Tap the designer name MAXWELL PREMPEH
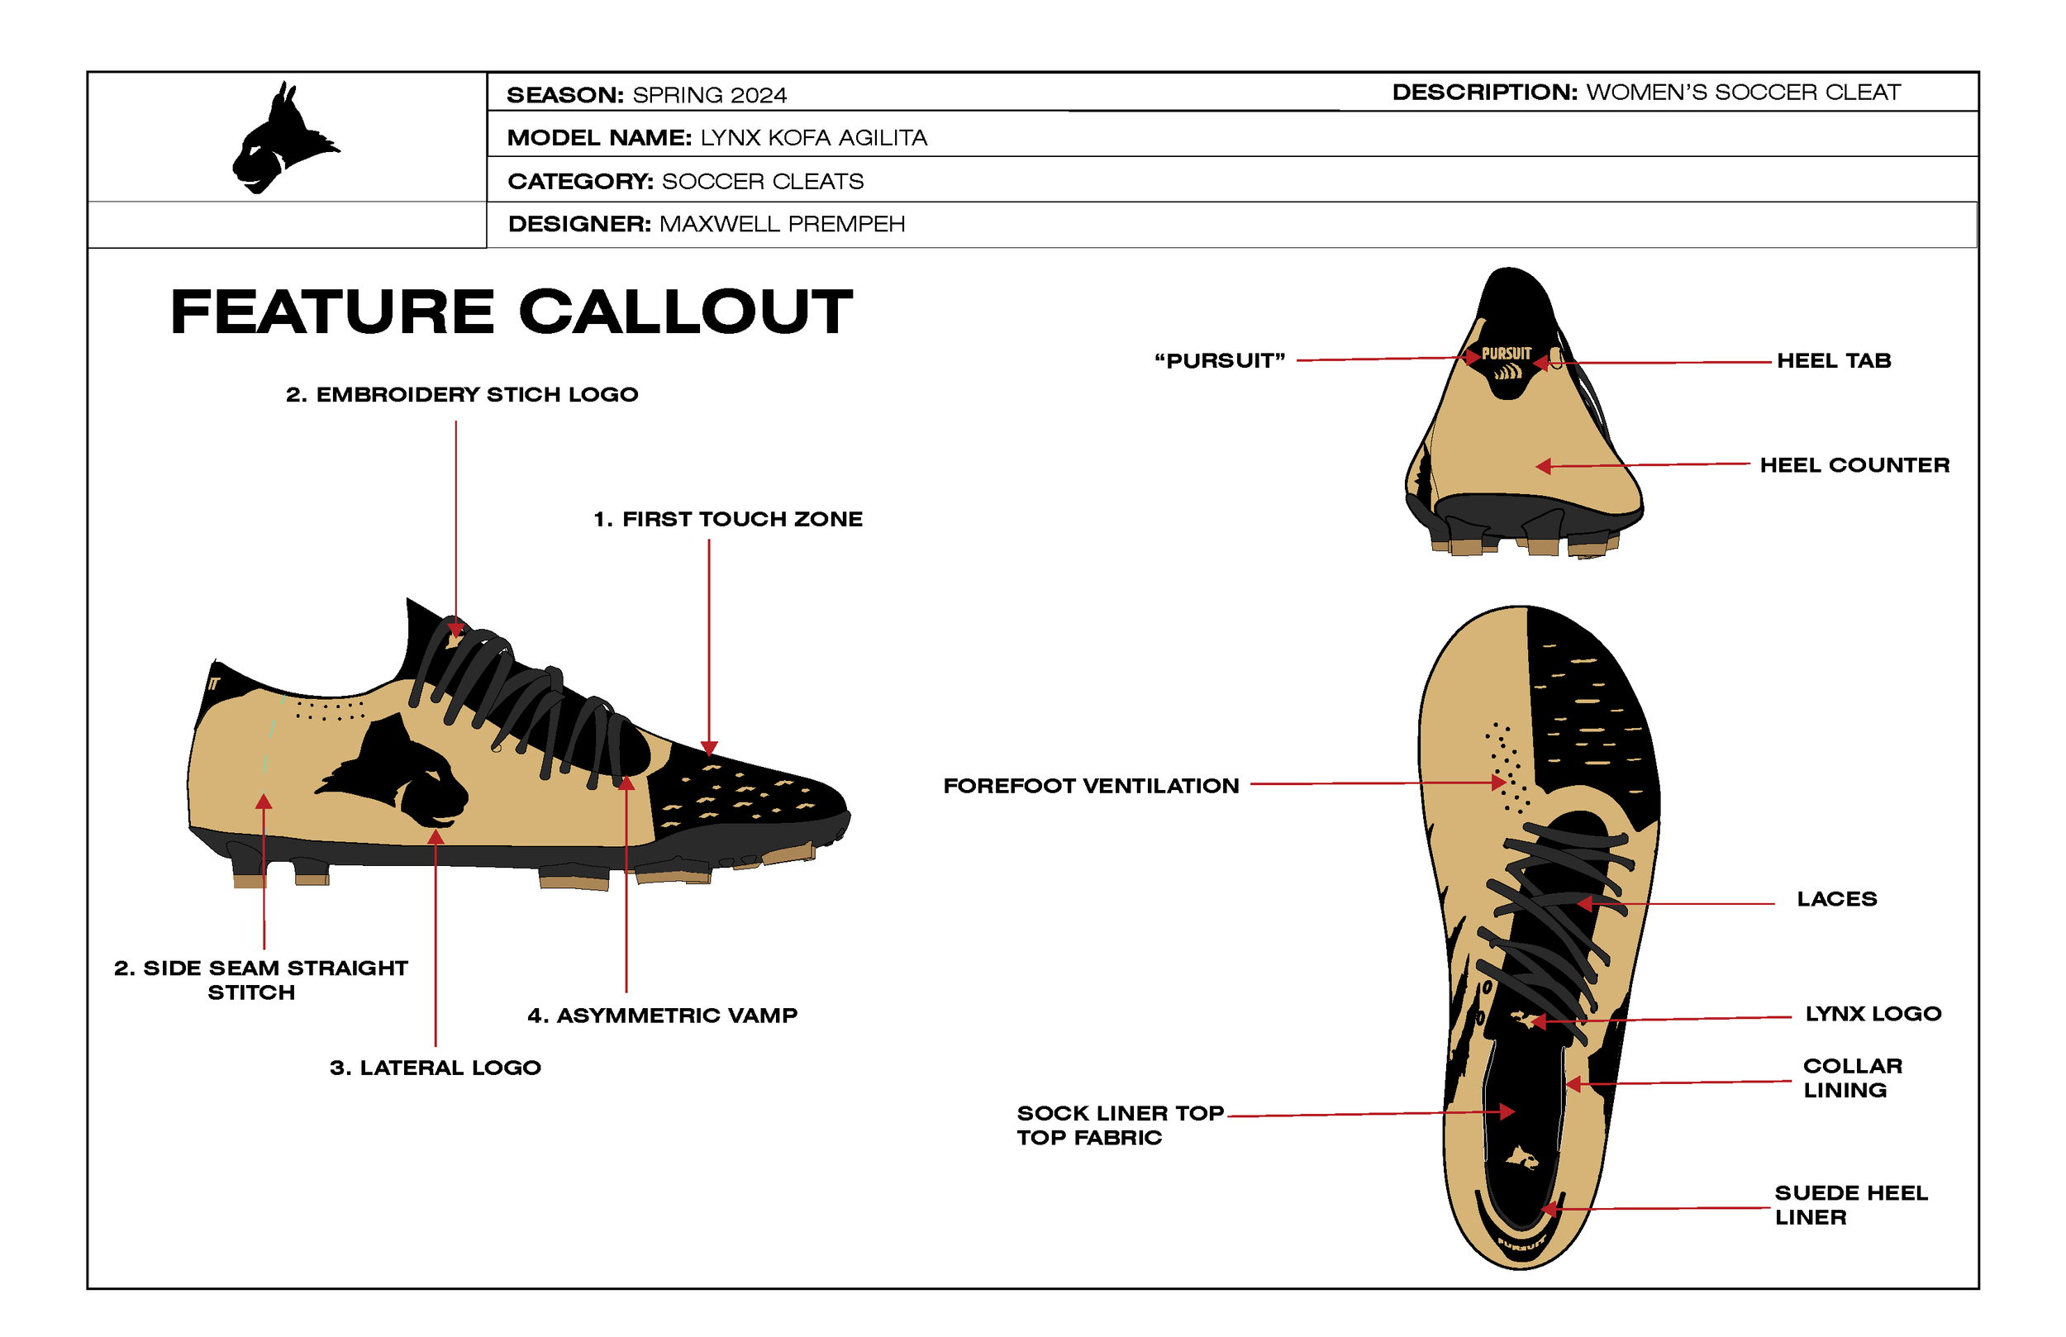coord(781,224)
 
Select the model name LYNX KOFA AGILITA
coord(813,138)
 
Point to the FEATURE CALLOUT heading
coord(512,312)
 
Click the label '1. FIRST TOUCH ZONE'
coord(727,519)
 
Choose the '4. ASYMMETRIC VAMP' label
coord(661,1015)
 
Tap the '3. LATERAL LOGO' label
coord(435,1067)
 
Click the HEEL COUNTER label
coord(1854,465)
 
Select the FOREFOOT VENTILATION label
coord(1090,786)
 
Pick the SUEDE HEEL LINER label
coord(1849,1204)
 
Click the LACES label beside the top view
coord(1836,898)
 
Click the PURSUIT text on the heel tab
coord(1506,354)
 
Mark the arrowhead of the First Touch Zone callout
coord(709,749)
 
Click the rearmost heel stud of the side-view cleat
coord(249,873)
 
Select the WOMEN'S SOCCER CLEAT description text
coord(1742,92)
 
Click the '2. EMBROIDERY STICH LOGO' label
coord(462,394)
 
